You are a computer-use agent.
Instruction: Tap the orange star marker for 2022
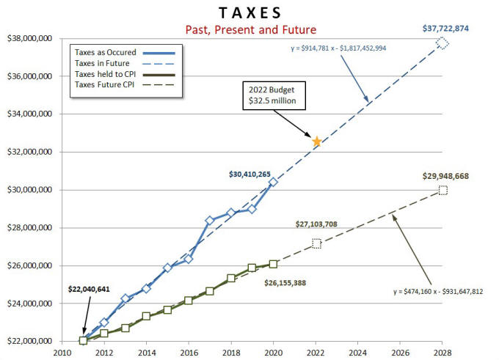pyautogui.click(x=316, y=141)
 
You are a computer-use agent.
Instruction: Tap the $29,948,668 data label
pyautogui.click(x=445, y=176)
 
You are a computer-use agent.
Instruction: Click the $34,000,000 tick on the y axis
pyautogui.click(x=31, y=114)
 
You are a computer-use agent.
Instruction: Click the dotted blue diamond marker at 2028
pyautogui.click(x=442, y=43)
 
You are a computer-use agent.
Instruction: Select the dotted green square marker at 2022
pyautogui.click(x=316, y=243)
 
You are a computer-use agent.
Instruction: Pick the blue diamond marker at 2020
pyautogui.click(x=273, y=182)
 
